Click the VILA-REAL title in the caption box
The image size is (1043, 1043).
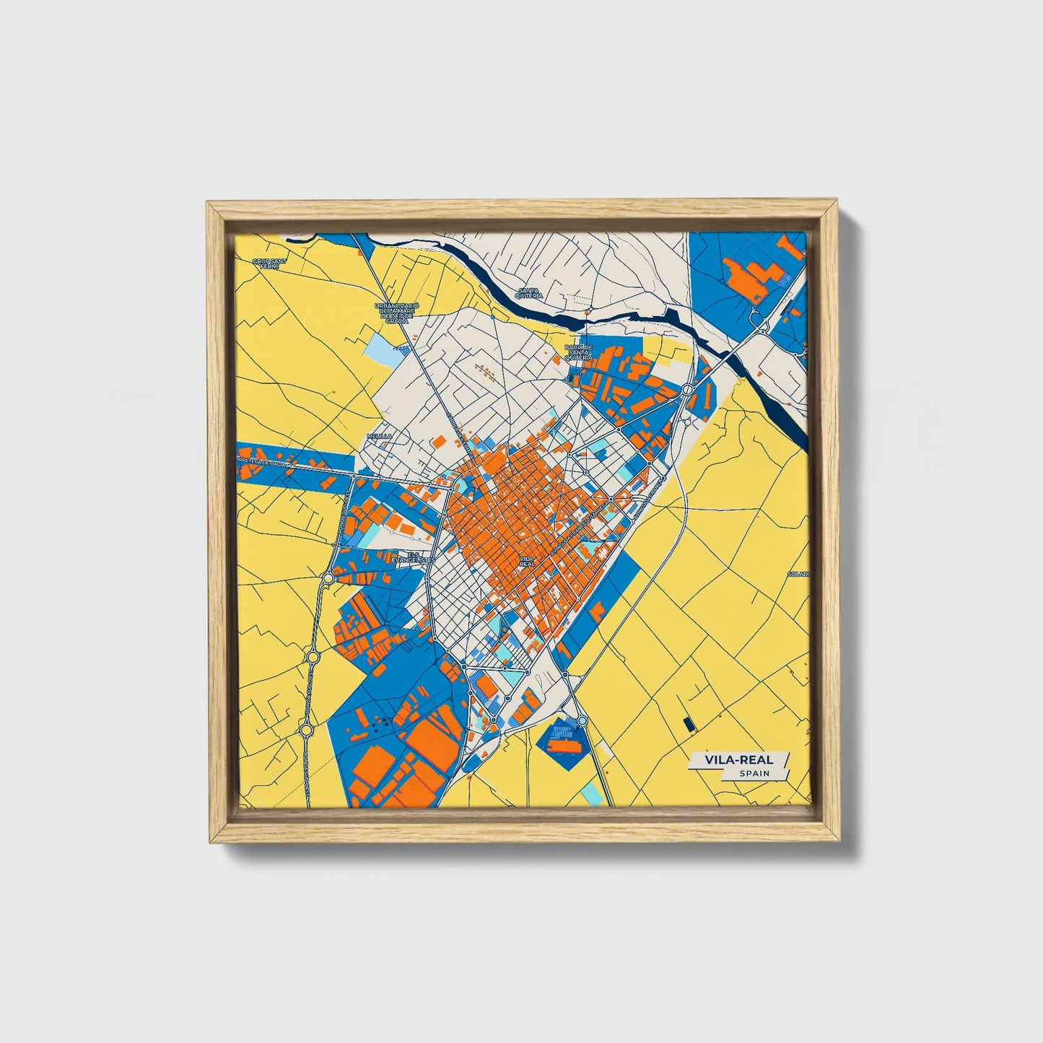(x=731, y=760)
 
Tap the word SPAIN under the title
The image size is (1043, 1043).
(x=754, y=774)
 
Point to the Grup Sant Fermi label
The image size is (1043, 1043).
(x=265, y=263)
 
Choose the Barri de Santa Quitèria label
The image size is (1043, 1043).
(x=578, y=352)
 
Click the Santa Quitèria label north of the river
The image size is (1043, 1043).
(x=529, y=293)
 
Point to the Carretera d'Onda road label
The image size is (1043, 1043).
(x=263, y=461)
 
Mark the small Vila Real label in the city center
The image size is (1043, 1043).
(x=526, y=561)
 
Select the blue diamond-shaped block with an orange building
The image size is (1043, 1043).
(x=562, y=737)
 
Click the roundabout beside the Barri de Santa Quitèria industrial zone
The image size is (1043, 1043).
(x=686, y=390)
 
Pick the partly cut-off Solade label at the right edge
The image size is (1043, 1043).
(x=799, y=574)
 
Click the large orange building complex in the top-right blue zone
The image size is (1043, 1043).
(x=754, y=279)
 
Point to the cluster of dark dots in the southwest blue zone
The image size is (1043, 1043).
(x=380, y=721)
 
